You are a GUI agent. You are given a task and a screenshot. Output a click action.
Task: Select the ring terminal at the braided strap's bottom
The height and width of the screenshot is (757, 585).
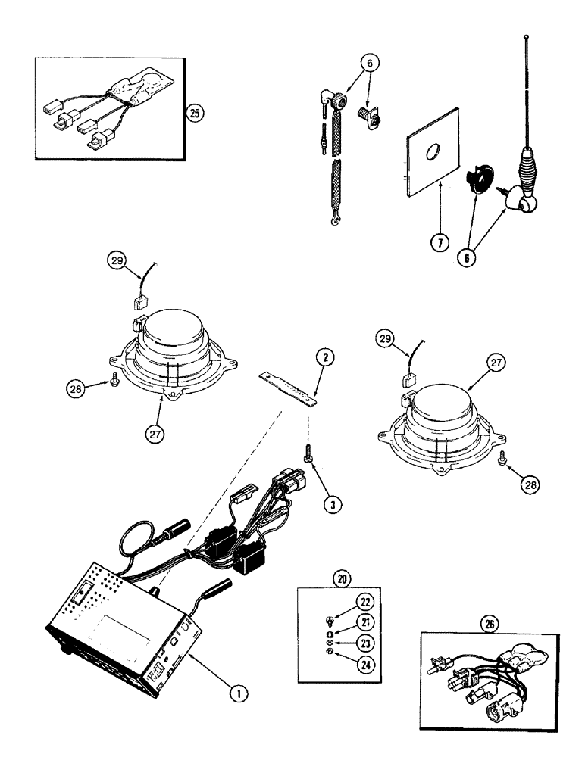click(331, 220)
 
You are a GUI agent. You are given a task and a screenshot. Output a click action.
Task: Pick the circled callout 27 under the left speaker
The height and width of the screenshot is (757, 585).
click(156, 435)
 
